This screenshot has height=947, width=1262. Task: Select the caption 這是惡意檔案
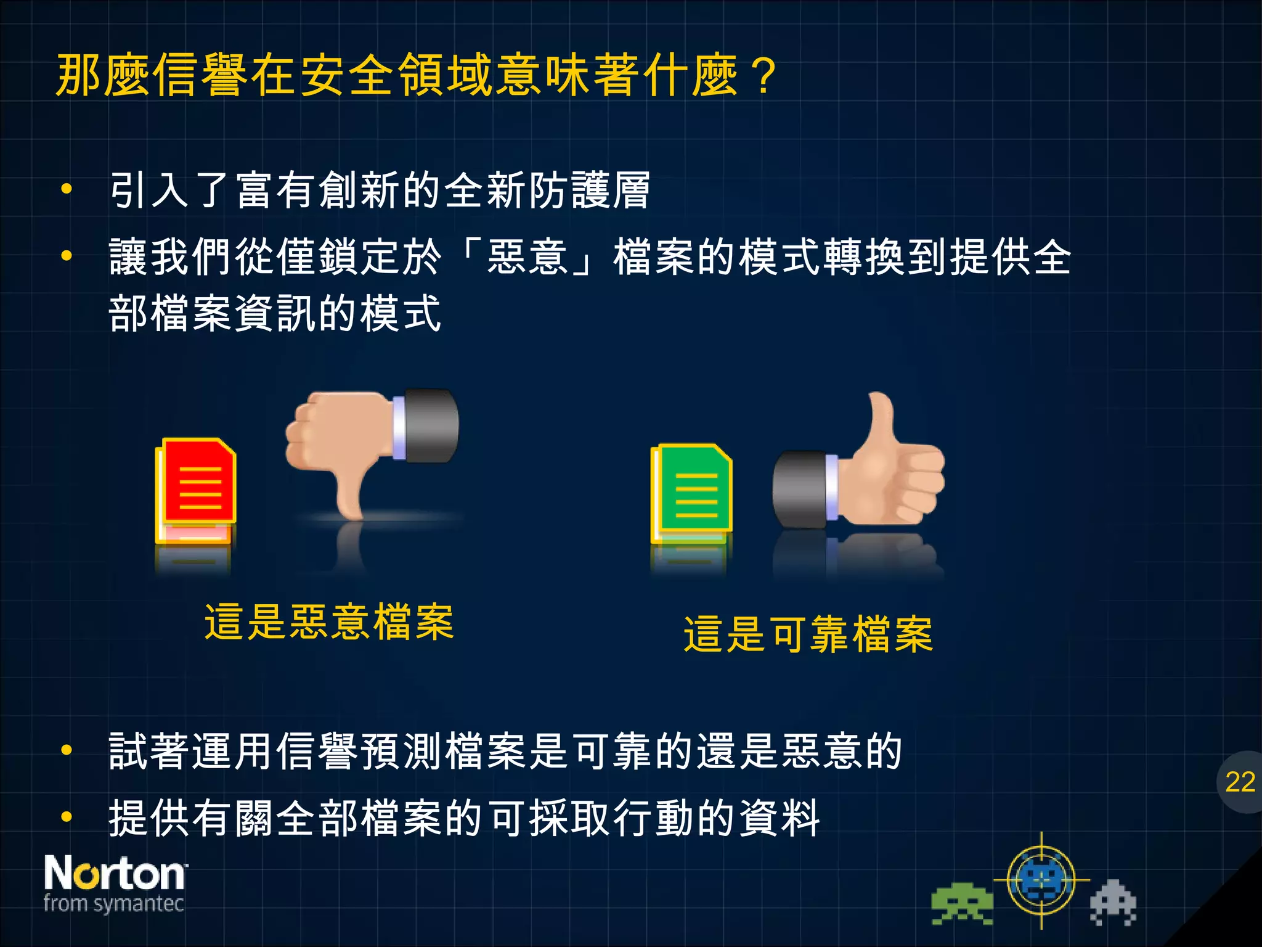pos(329,622)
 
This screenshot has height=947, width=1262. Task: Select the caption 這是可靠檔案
pos(808,634)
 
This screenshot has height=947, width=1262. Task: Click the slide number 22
pos(1240,782)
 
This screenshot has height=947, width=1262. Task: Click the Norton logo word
pos(115,873)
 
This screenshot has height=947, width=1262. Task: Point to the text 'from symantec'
pos(114,904)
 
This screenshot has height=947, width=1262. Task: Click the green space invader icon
pos(961,904)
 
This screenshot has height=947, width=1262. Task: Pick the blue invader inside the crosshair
pos(1041,880)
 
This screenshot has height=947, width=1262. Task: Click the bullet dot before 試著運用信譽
pos(67,750)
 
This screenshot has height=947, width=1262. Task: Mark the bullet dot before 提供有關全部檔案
pos(67,818)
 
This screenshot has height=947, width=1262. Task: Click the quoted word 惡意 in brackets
pos(527,256)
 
